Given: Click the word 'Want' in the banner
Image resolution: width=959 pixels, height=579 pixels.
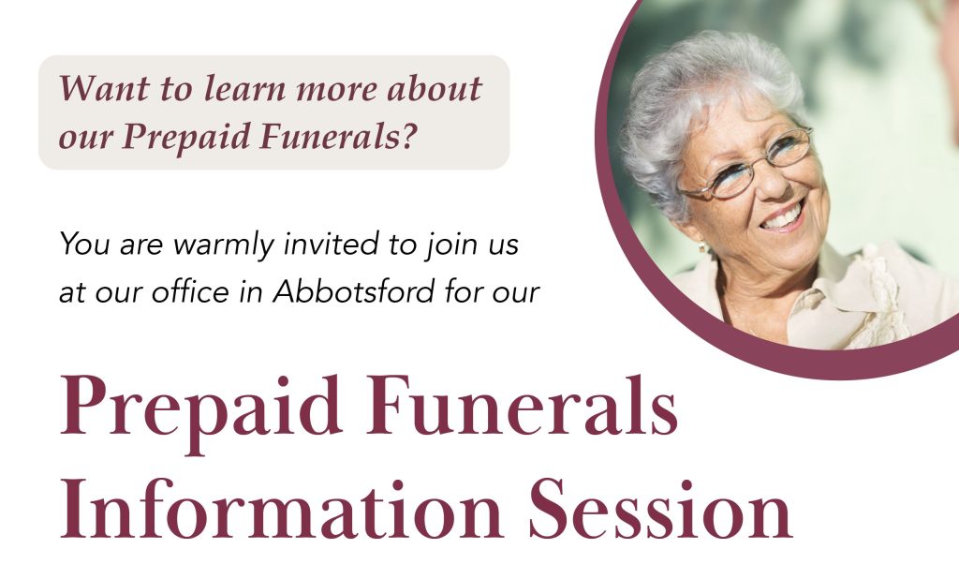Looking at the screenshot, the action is (x=104, y=88).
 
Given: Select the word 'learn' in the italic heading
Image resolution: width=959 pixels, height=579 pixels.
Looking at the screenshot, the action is (x=244, y=88).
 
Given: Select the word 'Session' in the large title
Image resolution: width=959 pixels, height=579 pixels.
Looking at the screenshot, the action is (x=660, y=509).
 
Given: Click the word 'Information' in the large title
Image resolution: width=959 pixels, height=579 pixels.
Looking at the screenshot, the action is (x=281, y=509).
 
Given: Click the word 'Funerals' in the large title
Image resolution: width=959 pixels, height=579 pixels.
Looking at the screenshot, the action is (x=522, y=405).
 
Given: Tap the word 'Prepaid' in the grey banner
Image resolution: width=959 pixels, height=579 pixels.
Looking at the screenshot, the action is (x=186, y=137).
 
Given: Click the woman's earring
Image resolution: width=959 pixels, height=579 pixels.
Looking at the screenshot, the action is (x=702, y=248).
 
